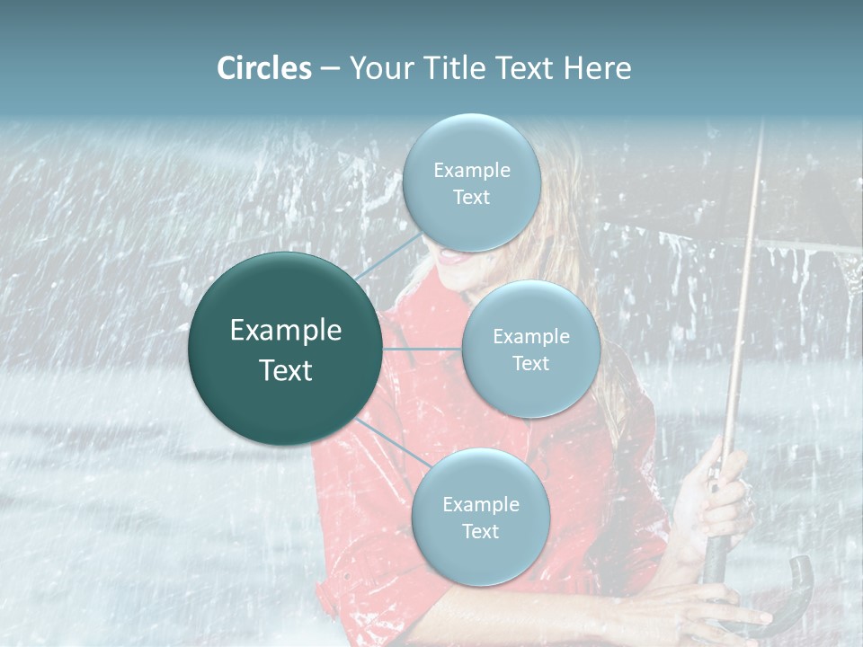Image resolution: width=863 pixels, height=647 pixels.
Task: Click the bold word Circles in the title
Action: coord(264,68)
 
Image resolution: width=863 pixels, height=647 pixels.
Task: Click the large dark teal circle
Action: coord(285,350)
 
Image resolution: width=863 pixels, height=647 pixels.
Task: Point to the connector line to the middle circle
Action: coord(423,349)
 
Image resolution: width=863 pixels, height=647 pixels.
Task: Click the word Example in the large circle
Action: coord(285,331)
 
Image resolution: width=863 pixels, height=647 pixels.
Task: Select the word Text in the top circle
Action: coord(471,197)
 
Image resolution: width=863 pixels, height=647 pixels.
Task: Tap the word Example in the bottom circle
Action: coord(480,504)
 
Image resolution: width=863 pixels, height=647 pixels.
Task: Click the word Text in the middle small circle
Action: coord(530,363)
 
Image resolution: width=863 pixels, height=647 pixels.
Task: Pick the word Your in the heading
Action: coord(378,68)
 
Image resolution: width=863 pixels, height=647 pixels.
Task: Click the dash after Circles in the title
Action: coord(329,69)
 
